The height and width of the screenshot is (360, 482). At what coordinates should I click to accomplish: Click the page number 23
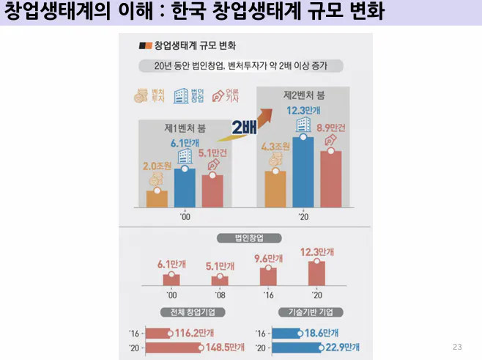coord(458,346)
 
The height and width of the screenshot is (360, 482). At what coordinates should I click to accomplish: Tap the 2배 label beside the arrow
coord(244,128)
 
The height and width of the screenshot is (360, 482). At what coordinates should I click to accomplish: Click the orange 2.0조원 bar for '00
coord(157,199)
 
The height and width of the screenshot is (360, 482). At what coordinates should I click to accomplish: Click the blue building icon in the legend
coord(179,96)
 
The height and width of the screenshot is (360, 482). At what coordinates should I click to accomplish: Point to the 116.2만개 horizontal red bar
coord(158,332)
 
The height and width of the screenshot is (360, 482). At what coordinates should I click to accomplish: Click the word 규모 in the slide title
coord(300,13)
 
